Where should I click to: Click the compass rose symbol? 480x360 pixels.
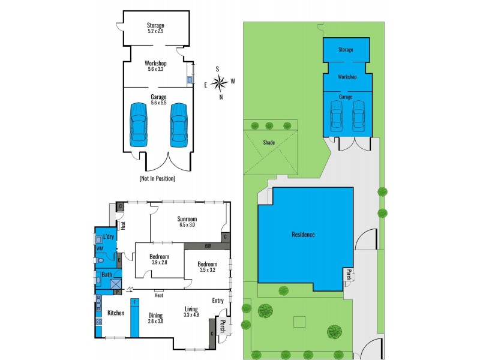click(220, 82)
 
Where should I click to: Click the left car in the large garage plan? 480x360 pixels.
click(139, 124)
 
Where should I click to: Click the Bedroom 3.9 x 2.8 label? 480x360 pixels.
click(159, 259)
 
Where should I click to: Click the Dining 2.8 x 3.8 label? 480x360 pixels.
click(155, 317)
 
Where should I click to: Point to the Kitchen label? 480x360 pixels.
click(115, 313)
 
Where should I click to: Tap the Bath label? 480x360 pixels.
click(106, 275)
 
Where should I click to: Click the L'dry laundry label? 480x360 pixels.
click(109, 236)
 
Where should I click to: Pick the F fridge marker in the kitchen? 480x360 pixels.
click(135, 302)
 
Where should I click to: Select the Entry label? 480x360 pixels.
click(217, 301)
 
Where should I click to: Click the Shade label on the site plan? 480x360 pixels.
click(268, 143)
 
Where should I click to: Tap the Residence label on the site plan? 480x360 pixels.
click(303, 235)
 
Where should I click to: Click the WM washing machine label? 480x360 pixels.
click(100, 248)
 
